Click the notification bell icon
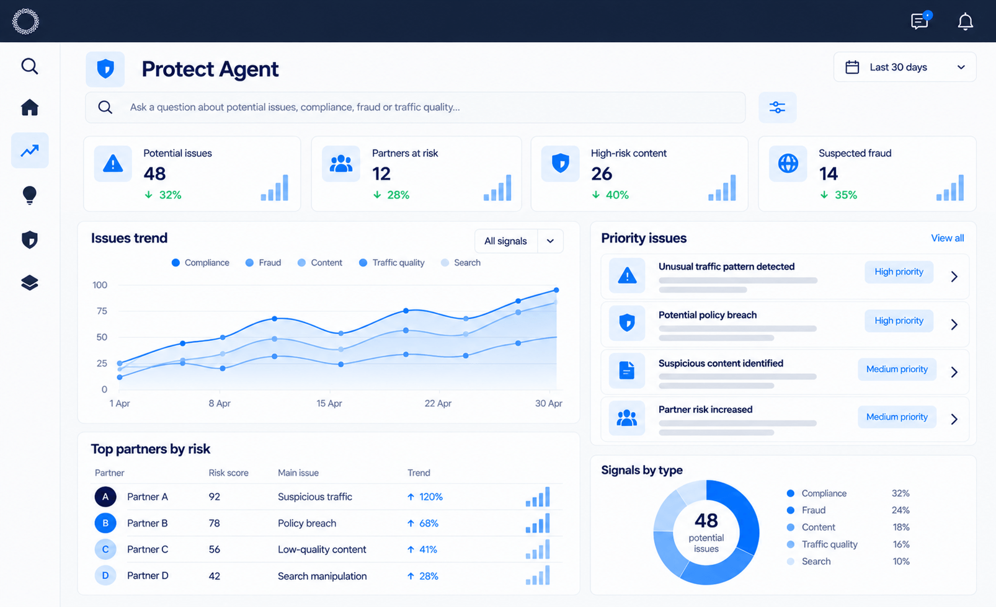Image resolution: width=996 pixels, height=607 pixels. [x=965, y=22]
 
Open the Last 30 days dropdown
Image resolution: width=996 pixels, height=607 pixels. [x=905, y=67]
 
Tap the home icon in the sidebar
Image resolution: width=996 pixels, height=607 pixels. [x=30, y=107]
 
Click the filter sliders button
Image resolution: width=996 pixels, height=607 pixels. [x=777, y=107]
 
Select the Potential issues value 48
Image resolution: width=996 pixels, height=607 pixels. [x=154, y=174]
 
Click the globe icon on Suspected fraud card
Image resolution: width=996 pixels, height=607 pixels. [x=788, y=163]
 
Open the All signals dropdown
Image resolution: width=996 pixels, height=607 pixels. [x=519, y=241]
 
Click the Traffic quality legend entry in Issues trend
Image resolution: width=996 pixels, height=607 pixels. [x=392, y=263]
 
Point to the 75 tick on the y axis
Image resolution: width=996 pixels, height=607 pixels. [x=102, y=311]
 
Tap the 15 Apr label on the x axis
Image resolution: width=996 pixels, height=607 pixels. [x=329, y=404]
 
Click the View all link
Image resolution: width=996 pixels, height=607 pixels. [x=948, y=238]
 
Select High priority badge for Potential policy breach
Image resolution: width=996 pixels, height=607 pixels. [x=899, y=321]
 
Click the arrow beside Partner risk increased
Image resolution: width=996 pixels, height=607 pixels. [x=954, y=419]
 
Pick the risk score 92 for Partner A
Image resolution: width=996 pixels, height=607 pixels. [x=215, y=497]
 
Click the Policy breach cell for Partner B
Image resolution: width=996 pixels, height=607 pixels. [x=307, y=523]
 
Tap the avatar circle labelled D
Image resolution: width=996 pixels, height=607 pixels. [x=105, y=575]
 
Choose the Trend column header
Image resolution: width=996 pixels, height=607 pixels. [x=419, y=472]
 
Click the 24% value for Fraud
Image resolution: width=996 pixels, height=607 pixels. [x=900, y=510]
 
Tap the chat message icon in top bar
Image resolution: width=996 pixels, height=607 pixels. [x=920, y=21]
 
